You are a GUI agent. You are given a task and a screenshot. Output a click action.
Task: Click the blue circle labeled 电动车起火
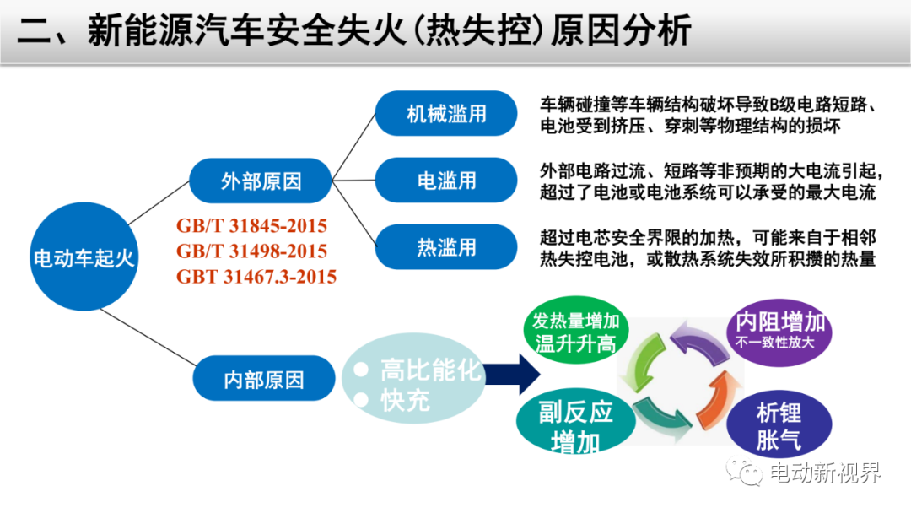(x=84, y=256)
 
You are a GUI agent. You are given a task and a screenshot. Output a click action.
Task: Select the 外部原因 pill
(x=261, y=181)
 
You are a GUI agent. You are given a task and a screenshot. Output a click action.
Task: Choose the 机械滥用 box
(x=446, y=113)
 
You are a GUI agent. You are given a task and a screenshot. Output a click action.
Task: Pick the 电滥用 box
(x=446, y=180)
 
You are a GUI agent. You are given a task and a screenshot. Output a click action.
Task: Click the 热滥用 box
(x=446, y=247)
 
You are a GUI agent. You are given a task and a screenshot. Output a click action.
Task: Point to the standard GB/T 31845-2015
(x=251, y=225)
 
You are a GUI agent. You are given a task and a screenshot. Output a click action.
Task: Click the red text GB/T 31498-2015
(x=251, y=251)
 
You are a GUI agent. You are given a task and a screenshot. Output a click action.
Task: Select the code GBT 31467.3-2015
(x=256, y=277)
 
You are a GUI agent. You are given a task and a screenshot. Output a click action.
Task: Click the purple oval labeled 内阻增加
(x=779, y=332)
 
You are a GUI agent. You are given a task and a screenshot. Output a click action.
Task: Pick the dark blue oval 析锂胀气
(x=779, y=424)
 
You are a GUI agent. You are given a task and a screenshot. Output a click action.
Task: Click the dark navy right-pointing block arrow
(x=512, y=375)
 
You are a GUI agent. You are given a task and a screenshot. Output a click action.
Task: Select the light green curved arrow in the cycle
(x=641, y=363)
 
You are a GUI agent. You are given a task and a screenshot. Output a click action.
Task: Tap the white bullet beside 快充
(x=361, y=400)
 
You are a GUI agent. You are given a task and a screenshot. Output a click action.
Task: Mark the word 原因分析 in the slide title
(x=621, y=30)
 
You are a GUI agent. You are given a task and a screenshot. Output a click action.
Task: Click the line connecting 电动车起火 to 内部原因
(x=148, y=337)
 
